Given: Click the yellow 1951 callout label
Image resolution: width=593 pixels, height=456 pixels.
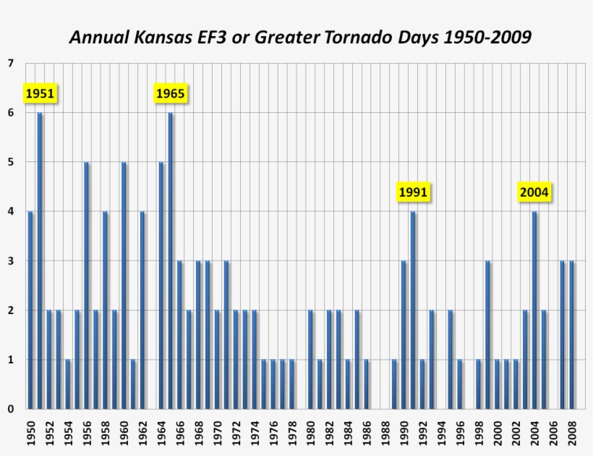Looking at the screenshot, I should [x=40, y=94].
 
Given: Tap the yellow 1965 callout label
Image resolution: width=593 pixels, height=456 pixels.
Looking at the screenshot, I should [x=171, y=94].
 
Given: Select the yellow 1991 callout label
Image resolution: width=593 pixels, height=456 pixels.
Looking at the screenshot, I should [x=414, y=193].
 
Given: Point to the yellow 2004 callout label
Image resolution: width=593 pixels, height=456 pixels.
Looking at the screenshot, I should [x=534, y=193].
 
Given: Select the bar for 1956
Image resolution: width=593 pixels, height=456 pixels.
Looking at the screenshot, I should [x=87, y=285].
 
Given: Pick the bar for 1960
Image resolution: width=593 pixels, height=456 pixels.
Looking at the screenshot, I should [x=124, y=285].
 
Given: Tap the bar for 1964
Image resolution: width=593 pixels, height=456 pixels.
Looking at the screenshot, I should [x=161, y=285].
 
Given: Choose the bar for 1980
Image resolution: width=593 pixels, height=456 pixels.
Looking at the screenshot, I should [x=310, y=360].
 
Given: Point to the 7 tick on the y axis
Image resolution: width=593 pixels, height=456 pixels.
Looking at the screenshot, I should [x=10, y=64].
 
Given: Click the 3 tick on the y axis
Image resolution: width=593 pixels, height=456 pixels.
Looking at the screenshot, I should [x=10, y=261].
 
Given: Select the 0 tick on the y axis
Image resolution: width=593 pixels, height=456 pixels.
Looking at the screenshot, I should [x=10, y=409].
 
